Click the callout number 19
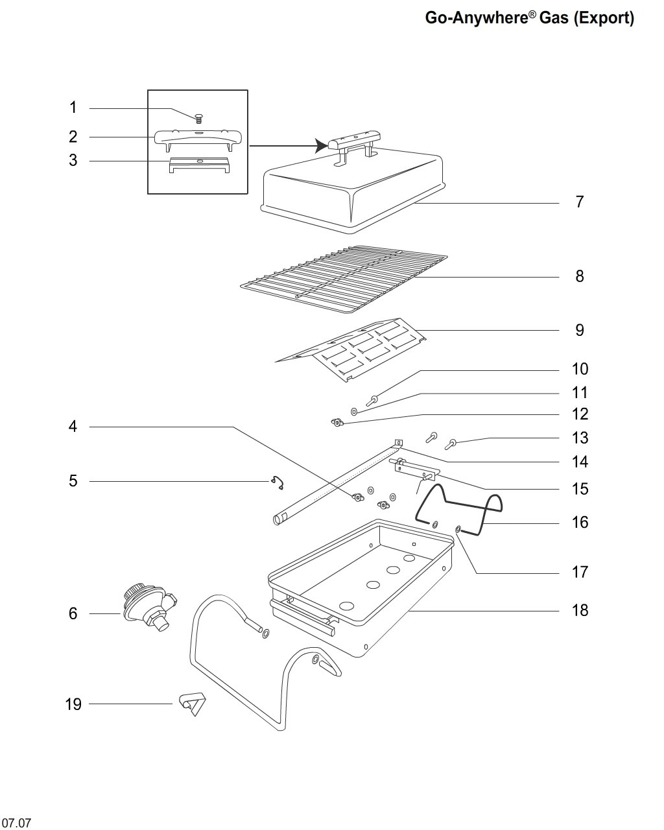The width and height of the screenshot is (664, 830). [x=73, y=704]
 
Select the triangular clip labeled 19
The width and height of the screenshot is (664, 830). [x=193, y=704]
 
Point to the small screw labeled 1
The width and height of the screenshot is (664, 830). [x=198, y=119]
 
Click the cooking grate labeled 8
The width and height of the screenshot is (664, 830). [x=344, y=279]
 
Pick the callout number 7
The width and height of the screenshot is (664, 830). [x=580, y=202]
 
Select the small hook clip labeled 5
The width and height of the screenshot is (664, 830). [x=278, y=482]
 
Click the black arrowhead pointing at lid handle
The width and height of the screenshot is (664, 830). [x=322, y=146]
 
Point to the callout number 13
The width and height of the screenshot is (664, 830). [x=580, y=438]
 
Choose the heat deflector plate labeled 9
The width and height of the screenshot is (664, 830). [x=350, y=350]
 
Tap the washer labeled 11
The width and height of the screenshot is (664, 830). [x=354, y=412]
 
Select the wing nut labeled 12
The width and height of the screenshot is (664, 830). [x=337, y=423]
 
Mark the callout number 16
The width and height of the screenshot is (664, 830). [x=580, y=522]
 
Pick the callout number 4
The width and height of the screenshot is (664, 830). [x=73, y=427]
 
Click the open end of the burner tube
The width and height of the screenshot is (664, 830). [x=278, y=519]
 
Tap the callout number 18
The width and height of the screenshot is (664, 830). [x=580, y=611]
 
